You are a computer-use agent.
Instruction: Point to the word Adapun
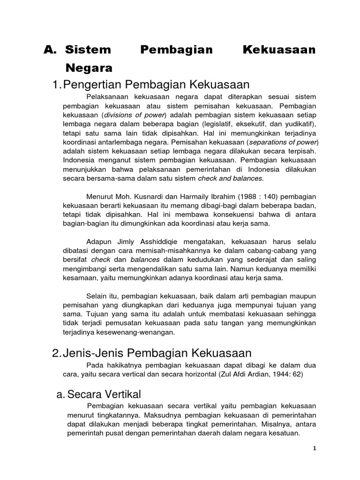[99, 241]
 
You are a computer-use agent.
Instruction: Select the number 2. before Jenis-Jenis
[57, 353]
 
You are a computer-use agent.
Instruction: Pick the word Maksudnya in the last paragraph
[158, 415]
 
